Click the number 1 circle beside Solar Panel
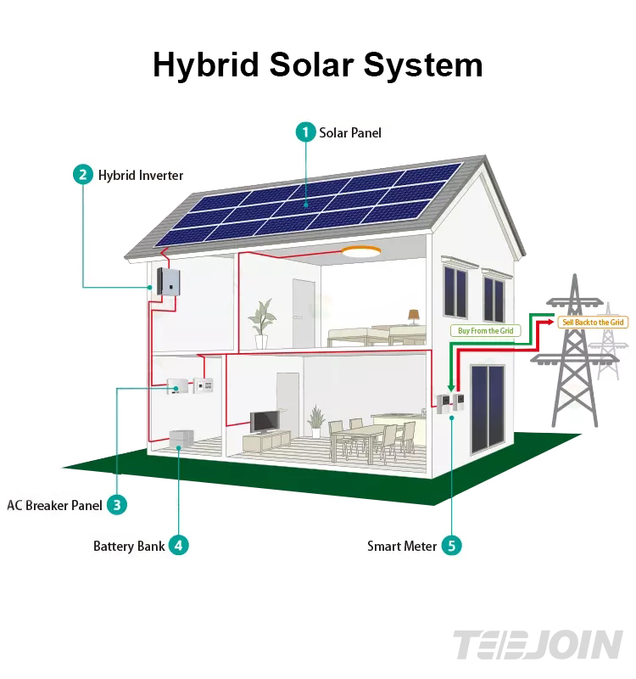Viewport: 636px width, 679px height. [305, 132]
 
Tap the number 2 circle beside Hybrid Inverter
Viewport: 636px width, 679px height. [82, 175]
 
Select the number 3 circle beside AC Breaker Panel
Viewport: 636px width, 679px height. [116, 505]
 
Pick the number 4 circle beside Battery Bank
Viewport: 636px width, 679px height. [178, 546]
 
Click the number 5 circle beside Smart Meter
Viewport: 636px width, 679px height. [451, 546]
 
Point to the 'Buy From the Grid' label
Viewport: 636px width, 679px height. [485, 331]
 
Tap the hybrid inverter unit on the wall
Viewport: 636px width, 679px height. [170, 281]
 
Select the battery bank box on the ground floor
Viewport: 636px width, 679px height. [181, 439]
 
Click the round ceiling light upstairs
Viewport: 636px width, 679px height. [362, 250]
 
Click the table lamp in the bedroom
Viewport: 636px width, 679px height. [414, 317]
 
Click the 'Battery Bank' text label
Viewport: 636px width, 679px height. [129, 546]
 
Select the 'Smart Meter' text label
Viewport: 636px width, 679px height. [402, 546]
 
